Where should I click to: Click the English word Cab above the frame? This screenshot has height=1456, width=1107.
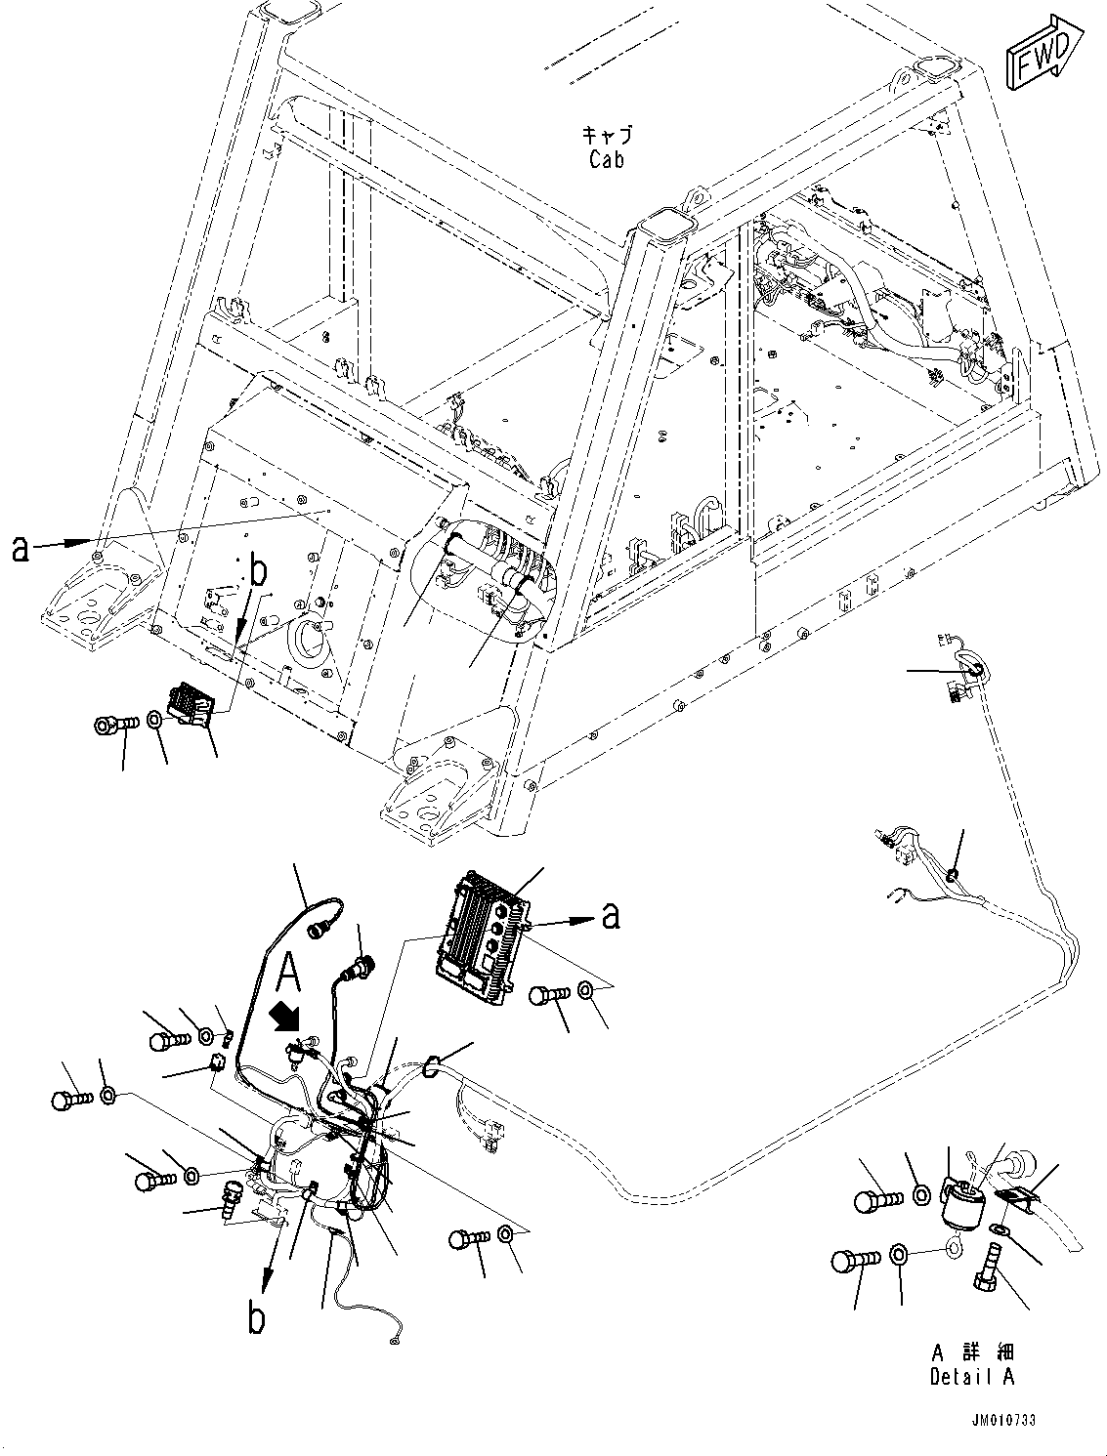606,159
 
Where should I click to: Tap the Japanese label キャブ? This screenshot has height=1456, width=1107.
607,135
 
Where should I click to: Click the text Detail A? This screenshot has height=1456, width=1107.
971,1378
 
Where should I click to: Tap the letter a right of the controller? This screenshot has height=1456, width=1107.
611,915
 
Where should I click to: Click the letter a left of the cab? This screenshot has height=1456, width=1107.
21,550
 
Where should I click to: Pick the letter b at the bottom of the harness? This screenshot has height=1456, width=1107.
256,1318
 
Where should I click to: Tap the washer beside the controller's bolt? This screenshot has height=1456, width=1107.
583,990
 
